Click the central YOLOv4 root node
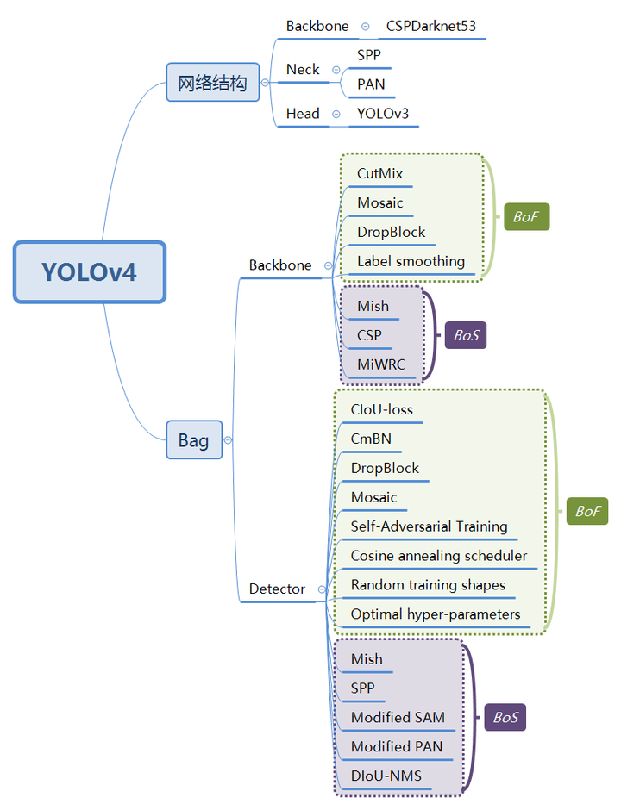(x=90, y=272)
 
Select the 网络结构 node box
(x=212, y=83)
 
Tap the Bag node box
(x=193, y=440)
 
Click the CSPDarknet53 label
(x=430, y=26)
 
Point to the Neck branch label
(x=303, y=70)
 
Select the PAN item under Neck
(x=371, y=84)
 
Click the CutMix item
(x=379, y=174)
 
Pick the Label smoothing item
(x=411, y=261)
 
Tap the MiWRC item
(x=380, y=364)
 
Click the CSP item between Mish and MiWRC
(x=369, y=335)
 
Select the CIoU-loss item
(x=382, y=409)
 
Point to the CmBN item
(x=371, y=439)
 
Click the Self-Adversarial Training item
(x=429, y=526)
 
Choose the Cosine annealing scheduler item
(x=438, y=556)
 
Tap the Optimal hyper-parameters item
(x=435, y=614)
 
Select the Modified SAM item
(x=398, y=718)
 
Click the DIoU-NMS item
(x=386, y=776)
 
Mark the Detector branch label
(x=277, y=589)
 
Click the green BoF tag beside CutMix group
(x=525, y=217)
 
